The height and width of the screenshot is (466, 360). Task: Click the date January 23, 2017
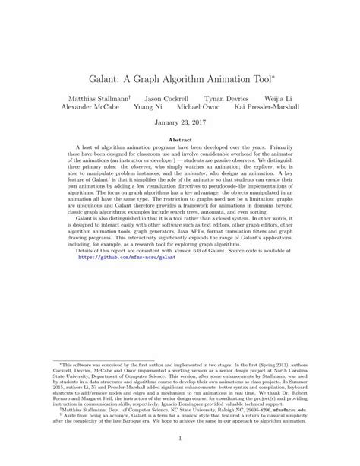180,123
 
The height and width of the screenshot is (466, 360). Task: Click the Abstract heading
180,140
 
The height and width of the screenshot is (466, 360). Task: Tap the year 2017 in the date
198,123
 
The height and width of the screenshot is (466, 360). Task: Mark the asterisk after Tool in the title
276,71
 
